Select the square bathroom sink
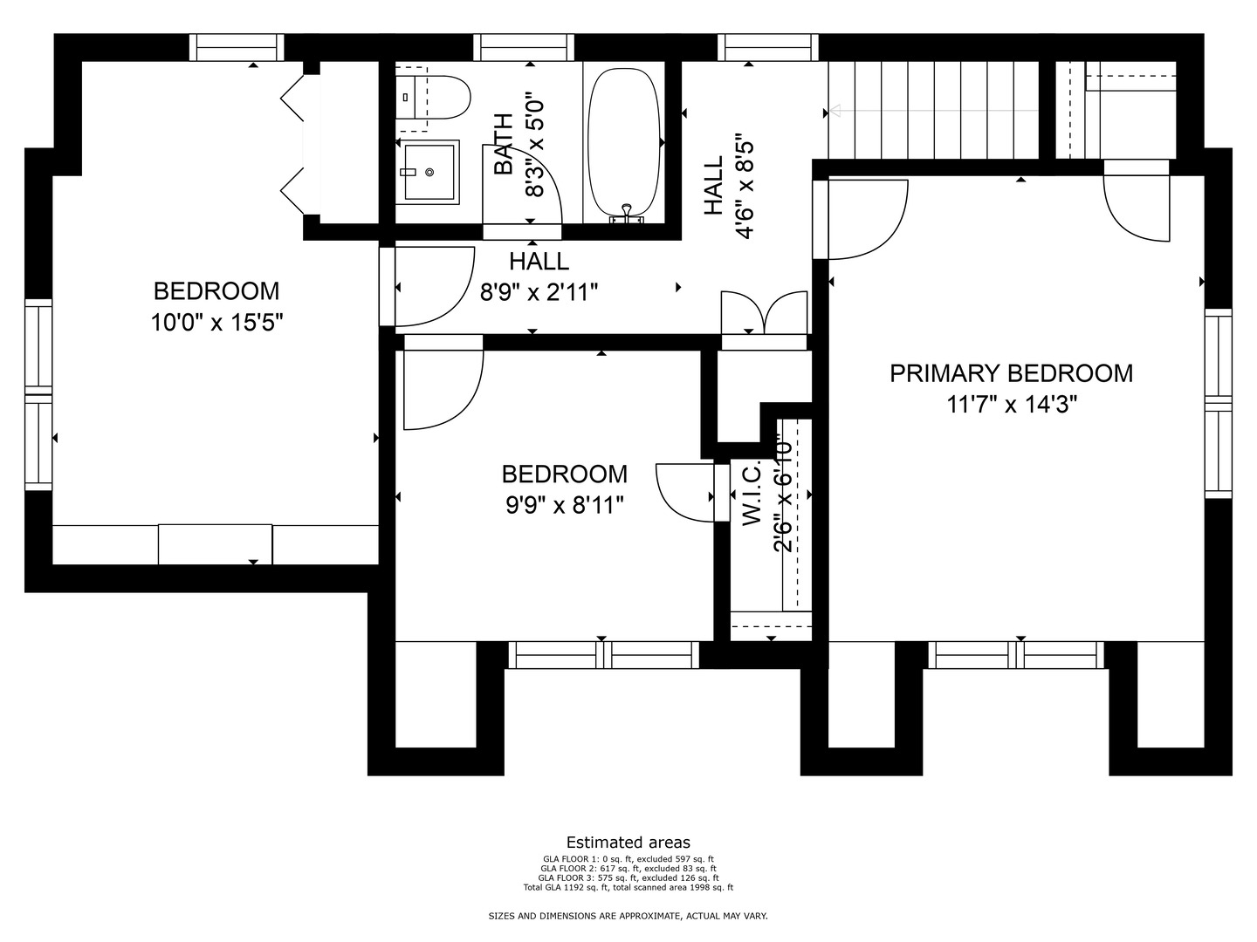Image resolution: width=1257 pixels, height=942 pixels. pos(429,172)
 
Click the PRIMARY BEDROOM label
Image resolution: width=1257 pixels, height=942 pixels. pos(1012,373)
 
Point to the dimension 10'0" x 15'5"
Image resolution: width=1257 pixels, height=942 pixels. pos(217,323)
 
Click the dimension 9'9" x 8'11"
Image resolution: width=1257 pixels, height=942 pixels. pos(565,506)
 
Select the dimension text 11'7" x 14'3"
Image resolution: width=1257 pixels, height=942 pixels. pos(1012,405)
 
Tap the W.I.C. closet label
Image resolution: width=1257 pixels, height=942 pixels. pos(752,493)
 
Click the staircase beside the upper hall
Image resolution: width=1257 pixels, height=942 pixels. pos(933,111)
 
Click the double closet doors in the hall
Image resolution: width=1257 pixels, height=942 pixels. pos(764,313)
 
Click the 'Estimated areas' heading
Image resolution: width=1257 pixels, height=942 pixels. pos(628,843)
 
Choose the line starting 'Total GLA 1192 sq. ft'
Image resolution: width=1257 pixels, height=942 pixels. pos(628,888)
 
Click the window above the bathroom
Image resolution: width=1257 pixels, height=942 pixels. pos(524,47)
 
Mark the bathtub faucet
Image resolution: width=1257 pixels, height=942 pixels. pos(627,213)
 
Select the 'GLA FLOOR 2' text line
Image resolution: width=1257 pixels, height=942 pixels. pos(628,868)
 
